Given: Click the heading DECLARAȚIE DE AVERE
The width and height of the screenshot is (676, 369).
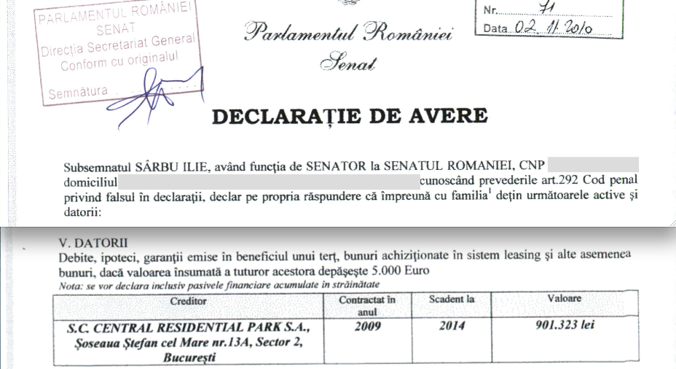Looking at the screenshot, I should coord(350,116).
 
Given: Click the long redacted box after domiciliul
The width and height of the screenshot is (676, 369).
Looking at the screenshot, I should coord(269,178).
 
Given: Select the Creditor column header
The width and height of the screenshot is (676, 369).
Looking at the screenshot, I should coord(188,300).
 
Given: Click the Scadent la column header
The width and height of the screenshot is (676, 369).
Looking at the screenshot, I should coord(452,300).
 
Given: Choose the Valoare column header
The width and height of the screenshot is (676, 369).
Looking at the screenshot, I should coord(565,299).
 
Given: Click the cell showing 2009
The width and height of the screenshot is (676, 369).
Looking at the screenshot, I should coord(368,326).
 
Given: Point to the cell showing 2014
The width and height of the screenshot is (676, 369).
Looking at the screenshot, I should coord(452,326).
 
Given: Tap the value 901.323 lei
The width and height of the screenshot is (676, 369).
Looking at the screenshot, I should coord(565,325).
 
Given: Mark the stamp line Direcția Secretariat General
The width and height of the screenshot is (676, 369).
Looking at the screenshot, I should coord(118,47).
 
